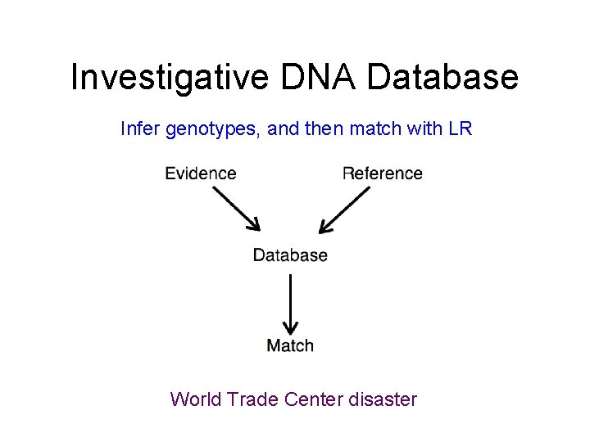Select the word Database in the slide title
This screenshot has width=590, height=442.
pyautogui.click(x=442, y=78)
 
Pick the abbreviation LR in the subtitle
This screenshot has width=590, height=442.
pyautogui.click(x=461, y=129)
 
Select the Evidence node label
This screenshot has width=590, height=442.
pyautogui.click(x=200, y=174)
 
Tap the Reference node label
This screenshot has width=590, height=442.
pyautogui.click(x=382, y=174)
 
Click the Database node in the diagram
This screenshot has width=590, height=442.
pyautogui.click(x=290, y=255)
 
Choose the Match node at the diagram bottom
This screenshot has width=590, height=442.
pyautogui.click(x=290, y=345)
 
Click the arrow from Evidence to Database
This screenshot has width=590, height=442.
pyautogui.click(x=236, y=209)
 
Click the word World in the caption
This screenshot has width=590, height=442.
pyautogui.click(x=196, y=399)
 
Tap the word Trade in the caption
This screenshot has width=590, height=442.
pyautogui.click(x=252, y=399)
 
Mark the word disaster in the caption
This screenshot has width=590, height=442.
pyautogui.click(x=383, y=399)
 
